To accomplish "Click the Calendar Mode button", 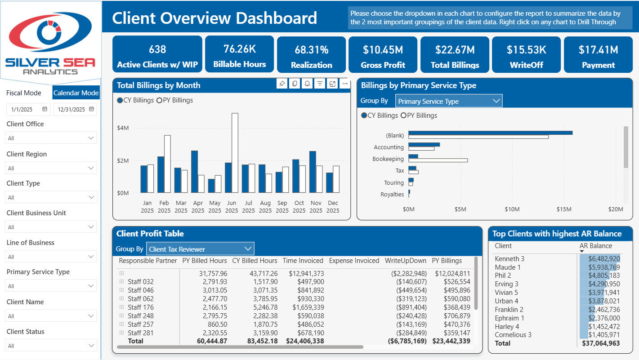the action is (x=76, y=93).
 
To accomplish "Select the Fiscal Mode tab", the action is (x=24, y=93).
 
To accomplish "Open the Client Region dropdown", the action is (x=51, y=168).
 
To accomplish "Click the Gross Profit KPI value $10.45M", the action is (x=383, y=50).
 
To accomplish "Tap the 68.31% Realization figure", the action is (x=312, y=50).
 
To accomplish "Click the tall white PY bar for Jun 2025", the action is (x=235, y=153).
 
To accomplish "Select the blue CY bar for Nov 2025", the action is (x=313, y=172).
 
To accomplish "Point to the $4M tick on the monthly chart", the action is (x=123, y=128).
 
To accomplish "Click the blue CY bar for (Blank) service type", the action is (x=490, y=133).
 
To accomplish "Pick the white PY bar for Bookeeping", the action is (x=438, y=160).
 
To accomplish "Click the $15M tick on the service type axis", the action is (x=564, y=209).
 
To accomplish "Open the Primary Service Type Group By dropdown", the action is (x=449, y=101).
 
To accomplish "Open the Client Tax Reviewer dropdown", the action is (x=200, y=249).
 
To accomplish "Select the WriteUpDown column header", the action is (x=405, y=261).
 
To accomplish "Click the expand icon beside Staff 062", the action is (x=121, y=298).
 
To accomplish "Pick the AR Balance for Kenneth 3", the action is (x=604, y=258).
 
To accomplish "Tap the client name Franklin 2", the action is (x=509, y=310).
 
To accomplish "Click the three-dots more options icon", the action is (x=345, y=84).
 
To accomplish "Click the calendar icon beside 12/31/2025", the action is (x=91, y=109).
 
